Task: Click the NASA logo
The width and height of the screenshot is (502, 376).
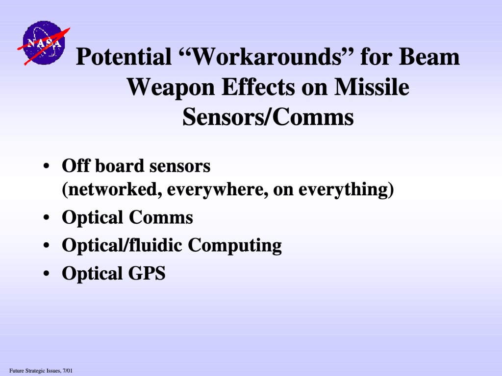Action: pyautogui.click(x=44, y=43)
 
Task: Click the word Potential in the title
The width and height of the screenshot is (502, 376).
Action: pyautogui.click(x=124, y=57)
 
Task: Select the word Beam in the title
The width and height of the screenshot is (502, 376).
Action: pyautogui.click(x=429, y=57)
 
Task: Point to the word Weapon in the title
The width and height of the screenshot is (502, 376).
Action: pyautogui.click(x=171, y=88)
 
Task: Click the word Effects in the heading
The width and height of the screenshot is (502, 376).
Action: pyautogui.click(x=258, y=87)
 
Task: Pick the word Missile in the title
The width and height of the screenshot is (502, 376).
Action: pyautogui.click(x=372, y=87)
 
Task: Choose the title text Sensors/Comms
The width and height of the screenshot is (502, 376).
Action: pyautogui.click(x=268, y=117)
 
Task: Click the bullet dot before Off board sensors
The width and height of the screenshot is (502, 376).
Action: pyautogui.click(x=47, y=166)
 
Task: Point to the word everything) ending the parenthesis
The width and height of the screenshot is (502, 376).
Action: pyautogui.click(x=346, y=189)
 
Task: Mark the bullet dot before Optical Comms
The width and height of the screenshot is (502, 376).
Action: pyautogui.click(x=47, y=218)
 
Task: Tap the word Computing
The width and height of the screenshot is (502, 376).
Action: pyautogui.click(x=235, y=246)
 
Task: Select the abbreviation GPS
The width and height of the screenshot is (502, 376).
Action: pyautogui.click(x=147, y=273)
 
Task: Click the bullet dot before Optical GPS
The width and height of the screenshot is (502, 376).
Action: pyautogui.click(x=47, y=274)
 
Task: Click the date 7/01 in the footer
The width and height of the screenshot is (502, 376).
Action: pyautogui.click(x=68, y=371)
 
